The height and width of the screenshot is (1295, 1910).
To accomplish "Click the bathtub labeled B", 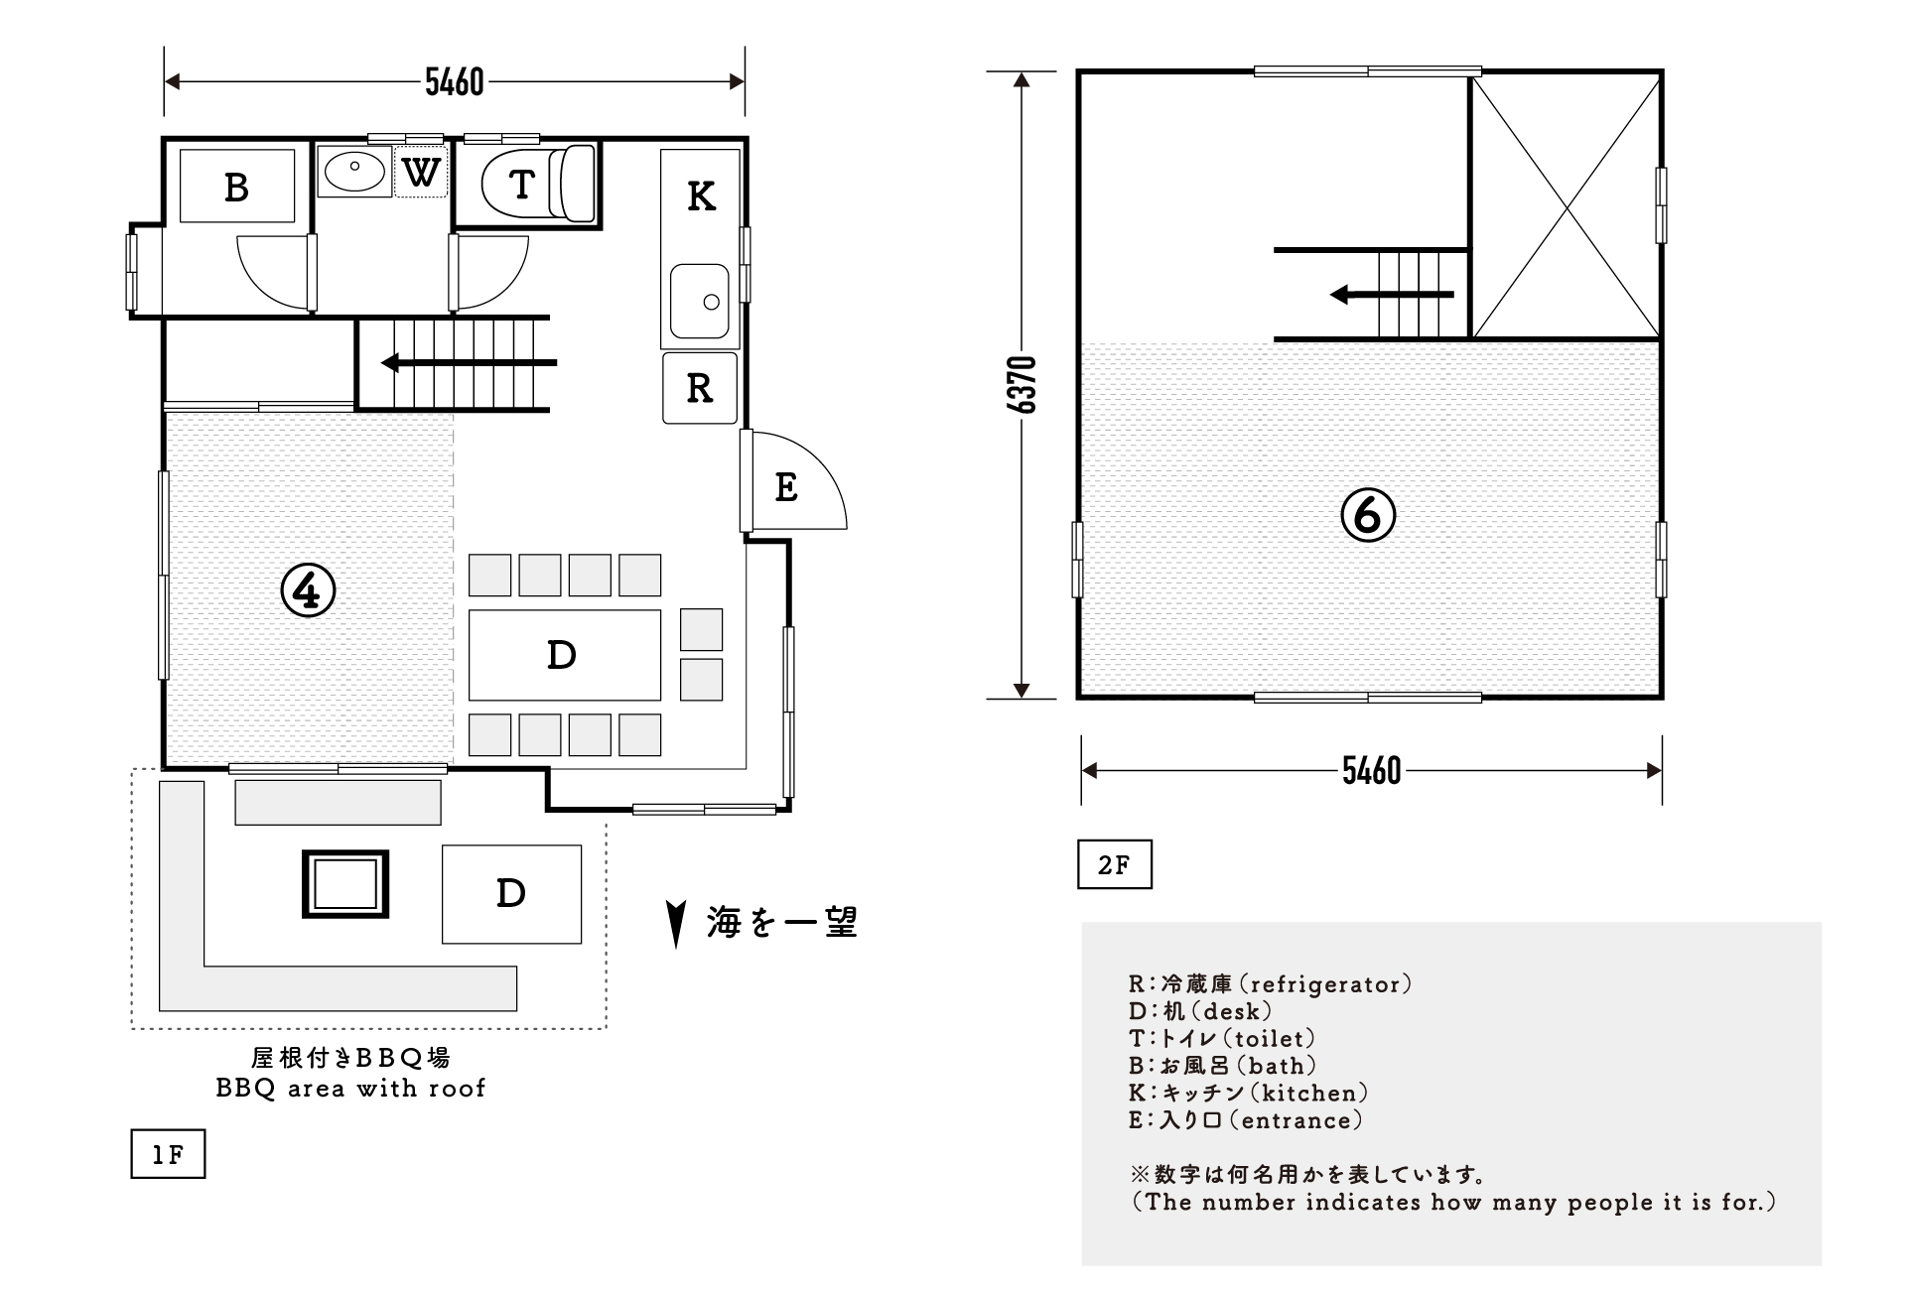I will [x=236, y=187].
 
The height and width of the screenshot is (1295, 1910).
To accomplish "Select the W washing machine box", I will [x=421, y=173].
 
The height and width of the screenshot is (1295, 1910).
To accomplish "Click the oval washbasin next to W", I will [x=354, y=173].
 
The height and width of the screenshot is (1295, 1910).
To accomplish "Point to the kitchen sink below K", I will [x=699, y=301].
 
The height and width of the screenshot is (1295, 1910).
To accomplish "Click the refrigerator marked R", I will [x=699, y=388].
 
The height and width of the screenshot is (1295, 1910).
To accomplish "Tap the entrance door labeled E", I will [x=786, y=486].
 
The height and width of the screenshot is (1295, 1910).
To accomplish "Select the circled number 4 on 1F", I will [x=308, y=590].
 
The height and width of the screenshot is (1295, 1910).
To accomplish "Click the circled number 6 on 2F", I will [x=1368, y=514].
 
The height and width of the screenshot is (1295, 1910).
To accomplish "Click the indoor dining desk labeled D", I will [x=563, y=655].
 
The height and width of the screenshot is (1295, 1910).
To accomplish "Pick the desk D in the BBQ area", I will [x=510, y=893].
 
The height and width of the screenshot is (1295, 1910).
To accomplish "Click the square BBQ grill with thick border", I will [x=344, y=883].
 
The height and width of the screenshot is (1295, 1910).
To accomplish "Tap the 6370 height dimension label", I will [x=1023, y=385].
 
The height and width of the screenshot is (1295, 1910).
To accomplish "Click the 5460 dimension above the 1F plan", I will [x=454, y=81].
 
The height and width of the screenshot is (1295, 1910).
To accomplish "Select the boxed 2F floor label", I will [x=1114, y=865].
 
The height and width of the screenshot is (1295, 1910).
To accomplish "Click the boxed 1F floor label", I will [x=168, y=1154].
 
